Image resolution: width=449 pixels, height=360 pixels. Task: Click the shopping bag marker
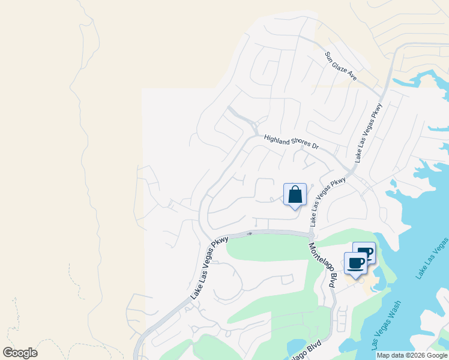295,195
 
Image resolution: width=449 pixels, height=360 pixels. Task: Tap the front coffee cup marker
355,263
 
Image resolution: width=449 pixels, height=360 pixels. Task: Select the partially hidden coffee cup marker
367,249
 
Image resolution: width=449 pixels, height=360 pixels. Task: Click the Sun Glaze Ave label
341,66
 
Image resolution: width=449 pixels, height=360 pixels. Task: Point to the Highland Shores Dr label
291,142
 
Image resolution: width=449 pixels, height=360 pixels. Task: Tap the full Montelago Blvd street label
322,266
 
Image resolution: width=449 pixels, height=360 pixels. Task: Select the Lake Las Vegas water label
432,258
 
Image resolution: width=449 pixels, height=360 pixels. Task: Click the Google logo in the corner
20,353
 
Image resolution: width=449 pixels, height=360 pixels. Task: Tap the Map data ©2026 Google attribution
412,355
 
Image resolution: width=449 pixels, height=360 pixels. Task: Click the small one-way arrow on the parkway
249,233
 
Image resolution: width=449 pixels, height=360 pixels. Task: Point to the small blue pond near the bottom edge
296,347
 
